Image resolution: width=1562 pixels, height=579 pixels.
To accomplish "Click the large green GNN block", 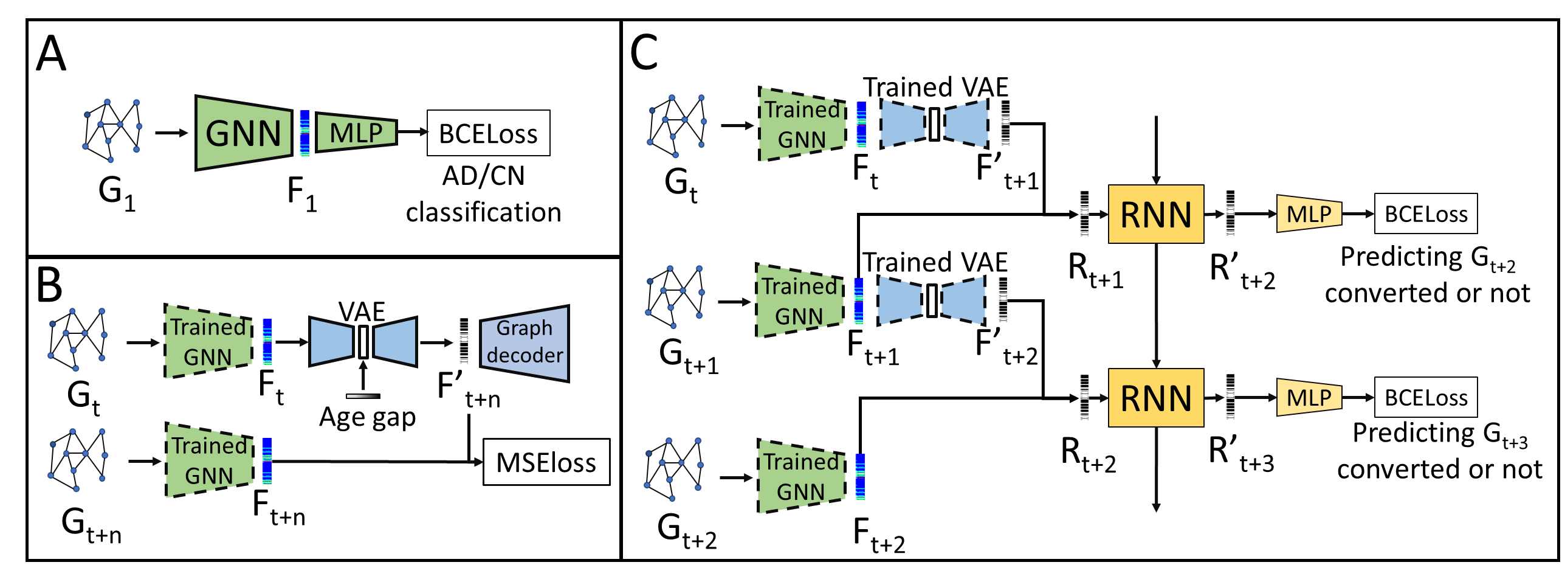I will point(244,133).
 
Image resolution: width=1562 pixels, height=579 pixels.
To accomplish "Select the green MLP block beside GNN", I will point(356,133).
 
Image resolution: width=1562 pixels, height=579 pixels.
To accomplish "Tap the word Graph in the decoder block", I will point(524,328).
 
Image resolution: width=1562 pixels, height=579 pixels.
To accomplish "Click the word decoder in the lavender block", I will point(525,355).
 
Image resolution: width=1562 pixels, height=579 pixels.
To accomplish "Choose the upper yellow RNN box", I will point(1156,214).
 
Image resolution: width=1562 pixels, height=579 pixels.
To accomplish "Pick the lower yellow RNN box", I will point(1156,398).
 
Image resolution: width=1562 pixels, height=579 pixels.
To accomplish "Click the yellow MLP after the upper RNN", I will point(1309,214).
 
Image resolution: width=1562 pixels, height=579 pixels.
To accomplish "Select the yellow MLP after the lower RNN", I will point(1309,398).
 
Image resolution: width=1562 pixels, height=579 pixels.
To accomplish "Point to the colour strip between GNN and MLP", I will point(304,133).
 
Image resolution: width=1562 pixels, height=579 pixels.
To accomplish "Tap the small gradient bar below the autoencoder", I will point(363,396).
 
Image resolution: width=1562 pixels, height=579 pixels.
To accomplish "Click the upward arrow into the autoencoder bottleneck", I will point(363,374).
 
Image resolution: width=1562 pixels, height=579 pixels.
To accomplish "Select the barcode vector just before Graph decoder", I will point(463,342).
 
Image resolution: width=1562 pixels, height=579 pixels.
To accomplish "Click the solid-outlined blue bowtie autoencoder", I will point(363,342).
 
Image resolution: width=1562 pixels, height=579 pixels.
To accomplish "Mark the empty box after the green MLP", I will point(489,133).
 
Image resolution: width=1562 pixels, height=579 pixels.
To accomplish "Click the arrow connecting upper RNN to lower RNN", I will point(1156,304).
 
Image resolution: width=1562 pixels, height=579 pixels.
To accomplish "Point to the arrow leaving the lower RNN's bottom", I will point(1156,468).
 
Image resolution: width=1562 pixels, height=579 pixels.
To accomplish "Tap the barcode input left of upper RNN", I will point(1084,214).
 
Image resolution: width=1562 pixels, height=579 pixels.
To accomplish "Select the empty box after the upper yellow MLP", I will point(1426,214).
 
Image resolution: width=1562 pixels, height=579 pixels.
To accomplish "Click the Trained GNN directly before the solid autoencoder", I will point(208,342).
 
